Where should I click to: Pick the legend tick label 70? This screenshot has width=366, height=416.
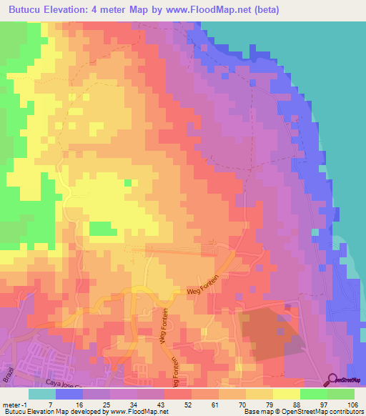230,404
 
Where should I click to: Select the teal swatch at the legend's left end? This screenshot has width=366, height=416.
42,394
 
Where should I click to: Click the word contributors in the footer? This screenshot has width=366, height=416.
344,412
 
